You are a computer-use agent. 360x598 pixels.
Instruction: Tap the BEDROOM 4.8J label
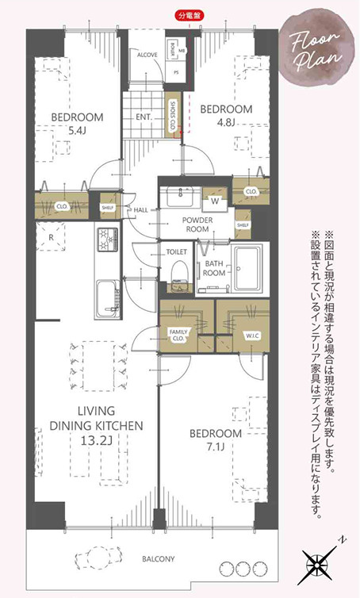(225, 115)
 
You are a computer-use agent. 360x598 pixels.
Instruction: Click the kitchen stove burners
(106, 239)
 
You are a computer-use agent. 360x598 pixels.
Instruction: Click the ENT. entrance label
(144, 117)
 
